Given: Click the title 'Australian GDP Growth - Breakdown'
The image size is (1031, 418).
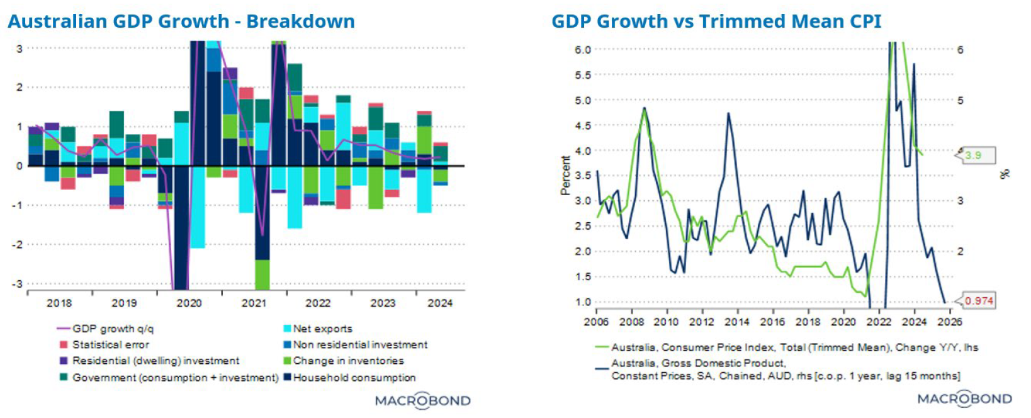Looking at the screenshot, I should [181, 21].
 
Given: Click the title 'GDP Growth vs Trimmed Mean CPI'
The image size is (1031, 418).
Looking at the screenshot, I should [716, 21].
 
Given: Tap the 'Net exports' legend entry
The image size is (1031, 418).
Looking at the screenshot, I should [322, 329].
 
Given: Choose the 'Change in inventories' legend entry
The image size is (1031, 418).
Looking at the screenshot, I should [348, 361].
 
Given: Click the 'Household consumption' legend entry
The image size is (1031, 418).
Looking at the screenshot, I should [354, 378].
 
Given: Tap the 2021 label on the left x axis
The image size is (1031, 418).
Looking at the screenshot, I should [254, 303].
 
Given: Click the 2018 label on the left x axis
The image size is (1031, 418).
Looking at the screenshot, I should [59, 303].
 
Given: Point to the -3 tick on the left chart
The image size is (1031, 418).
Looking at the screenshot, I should [18, 284].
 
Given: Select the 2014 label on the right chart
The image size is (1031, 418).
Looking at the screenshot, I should [737, 322].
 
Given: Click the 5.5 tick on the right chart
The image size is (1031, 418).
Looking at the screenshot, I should [583, 75].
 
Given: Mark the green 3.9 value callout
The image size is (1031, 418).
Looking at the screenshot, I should [974, 155].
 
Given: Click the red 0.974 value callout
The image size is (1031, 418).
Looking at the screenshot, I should [979, 301].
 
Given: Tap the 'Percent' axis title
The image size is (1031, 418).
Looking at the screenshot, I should [565, 176].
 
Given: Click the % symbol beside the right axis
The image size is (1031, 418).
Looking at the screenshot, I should [1005, 174].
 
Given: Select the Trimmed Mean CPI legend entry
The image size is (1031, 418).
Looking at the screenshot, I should [794, 347].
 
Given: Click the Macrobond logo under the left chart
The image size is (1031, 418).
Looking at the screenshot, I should [422, 400].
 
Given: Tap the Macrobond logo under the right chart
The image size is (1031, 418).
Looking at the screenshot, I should [964, 398].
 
